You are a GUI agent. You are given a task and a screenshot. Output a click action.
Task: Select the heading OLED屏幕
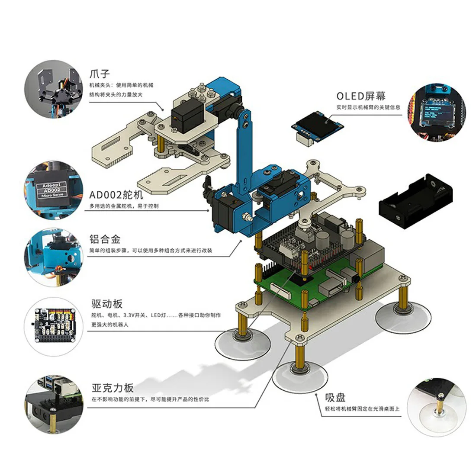(x=360, y=96)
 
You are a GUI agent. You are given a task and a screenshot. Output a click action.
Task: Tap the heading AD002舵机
(x=116, y=195)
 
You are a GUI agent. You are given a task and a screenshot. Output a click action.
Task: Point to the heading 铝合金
(x=104, y=239)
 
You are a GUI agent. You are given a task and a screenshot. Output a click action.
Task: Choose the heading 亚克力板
(x=113, y=387)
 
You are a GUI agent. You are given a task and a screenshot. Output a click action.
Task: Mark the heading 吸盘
(x=335, y=397)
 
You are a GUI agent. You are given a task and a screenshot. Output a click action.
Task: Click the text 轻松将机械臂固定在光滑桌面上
(x=363, y=409)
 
